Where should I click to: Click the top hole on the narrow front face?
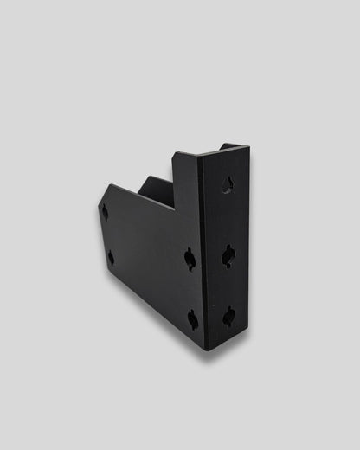(x=227, y=184)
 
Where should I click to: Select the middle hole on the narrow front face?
(x=228, y=255)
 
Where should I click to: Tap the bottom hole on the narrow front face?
(x=229, y=317)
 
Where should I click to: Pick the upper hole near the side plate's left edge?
(x=105, y=212)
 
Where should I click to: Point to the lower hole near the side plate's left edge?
(x=111, y=257)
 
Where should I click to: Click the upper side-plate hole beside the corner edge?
(x=190, y=259)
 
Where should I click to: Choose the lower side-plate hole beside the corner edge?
(x=193, y=320)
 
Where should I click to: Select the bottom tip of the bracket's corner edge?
(x=206, y=350)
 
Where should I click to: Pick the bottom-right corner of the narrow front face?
(x=251, y=334)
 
